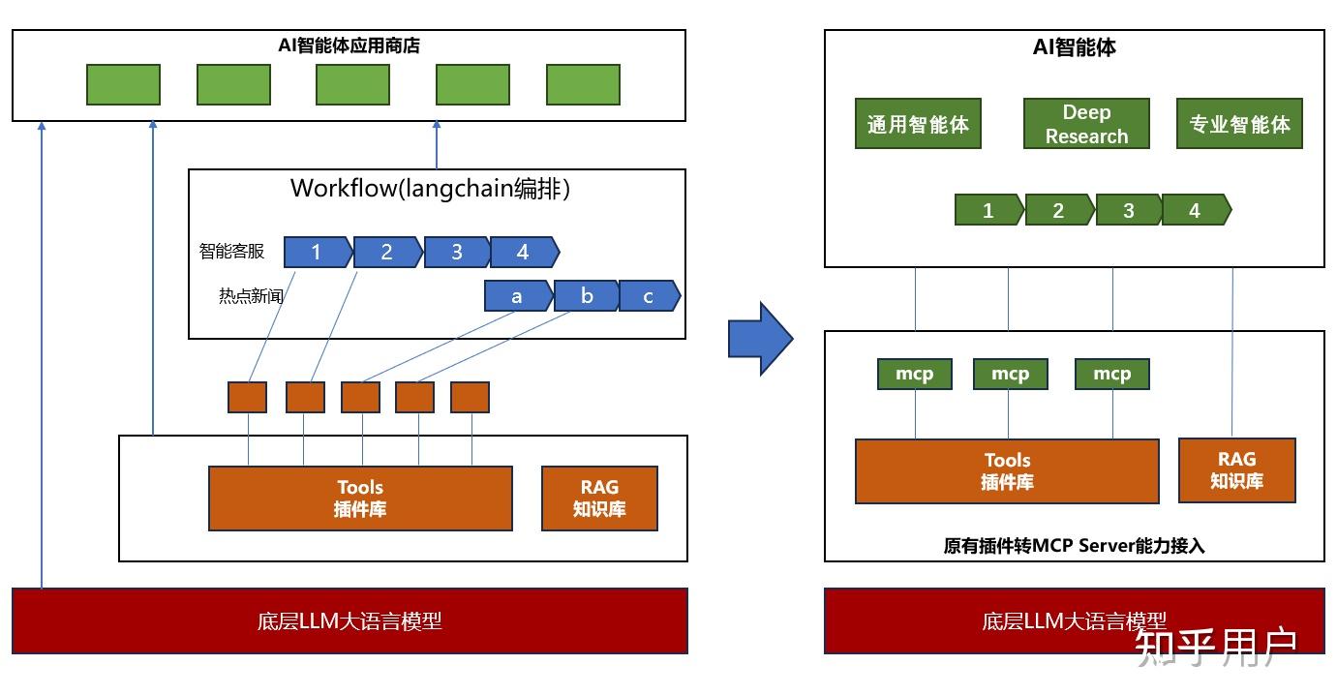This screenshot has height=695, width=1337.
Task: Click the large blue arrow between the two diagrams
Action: (760, 338)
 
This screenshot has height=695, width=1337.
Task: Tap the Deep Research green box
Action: (1086, 124)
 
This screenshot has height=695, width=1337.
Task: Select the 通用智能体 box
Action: (918, 124)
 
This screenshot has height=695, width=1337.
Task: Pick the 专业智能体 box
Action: (1239, 124)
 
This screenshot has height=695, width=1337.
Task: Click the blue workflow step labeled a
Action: (517, 296)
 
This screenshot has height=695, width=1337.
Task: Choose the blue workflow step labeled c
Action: (649, 296)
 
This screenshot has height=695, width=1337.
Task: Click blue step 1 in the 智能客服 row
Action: (317, 253)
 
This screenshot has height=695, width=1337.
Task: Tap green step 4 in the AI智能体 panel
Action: (1195, 210)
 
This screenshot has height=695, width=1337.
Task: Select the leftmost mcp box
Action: (914, 374)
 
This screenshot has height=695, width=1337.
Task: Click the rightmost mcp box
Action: (1111, 374)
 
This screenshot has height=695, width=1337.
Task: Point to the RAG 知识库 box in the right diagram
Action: (1236, 470)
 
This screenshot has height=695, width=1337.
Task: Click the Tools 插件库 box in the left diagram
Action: (360, 499)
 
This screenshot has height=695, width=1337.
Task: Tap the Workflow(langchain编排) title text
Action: (430, 188)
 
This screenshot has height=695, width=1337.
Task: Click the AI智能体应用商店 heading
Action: (348, 45)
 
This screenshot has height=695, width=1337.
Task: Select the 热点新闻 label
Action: (251, 296)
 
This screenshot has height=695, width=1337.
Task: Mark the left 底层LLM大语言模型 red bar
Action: (349, 620)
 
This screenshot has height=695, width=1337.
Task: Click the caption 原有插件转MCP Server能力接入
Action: (1074, 546)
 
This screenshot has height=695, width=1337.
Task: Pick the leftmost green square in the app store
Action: (123, 85)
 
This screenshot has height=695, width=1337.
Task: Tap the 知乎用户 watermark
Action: (1216, 647)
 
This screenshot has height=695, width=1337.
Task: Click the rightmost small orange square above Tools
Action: (470, 397)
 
